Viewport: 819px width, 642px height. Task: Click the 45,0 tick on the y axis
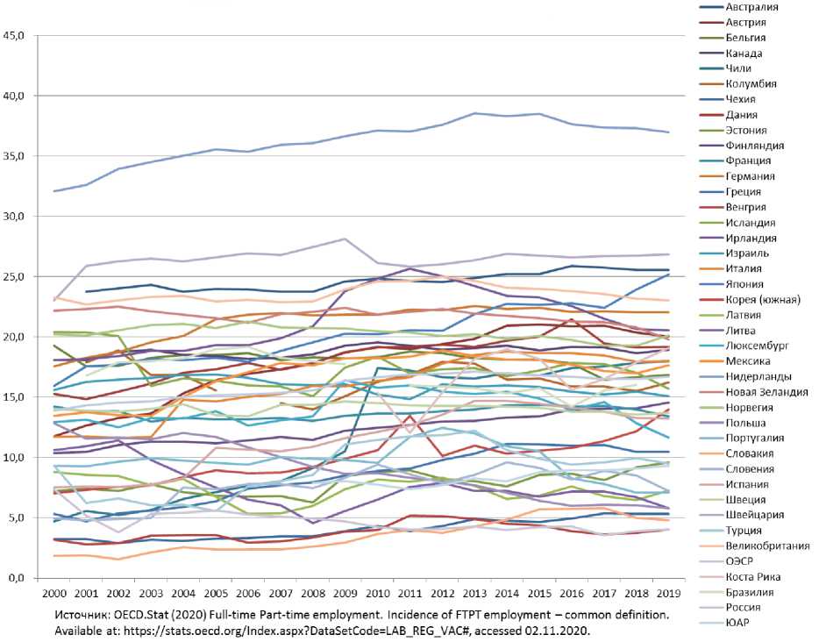click(x=19, y=36)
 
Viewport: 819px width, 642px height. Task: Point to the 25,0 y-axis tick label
click(x=19, y=276)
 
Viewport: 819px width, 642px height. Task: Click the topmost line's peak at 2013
click(x=475, y=113)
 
